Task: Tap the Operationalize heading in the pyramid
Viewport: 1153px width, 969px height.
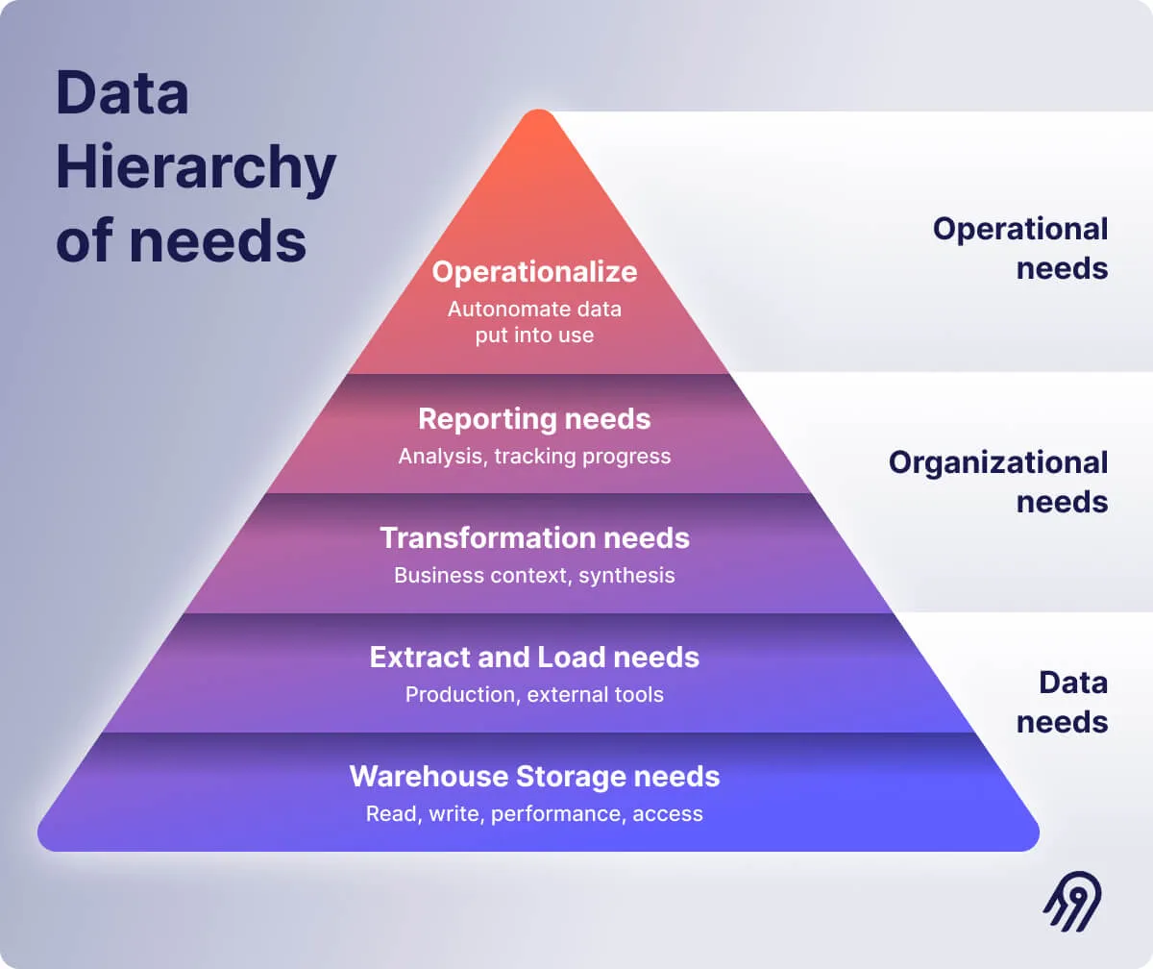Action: [x=534, y=272]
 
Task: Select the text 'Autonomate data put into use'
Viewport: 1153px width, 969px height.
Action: [x=534, y=322]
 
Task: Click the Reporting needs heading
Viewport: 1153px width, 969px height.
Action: [x=534, y=419]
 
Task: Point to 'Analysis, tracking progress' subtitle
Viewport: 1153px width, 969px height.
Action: [x=534, y=456]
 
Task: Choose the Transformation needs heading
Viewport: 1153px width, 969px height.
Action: [x=534, y=537]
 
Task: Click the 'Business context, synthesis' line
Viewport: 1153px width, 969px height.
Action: [x=534, y=575]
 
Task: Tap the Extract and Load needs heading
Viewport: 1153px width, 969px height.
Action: [x=534, y=658]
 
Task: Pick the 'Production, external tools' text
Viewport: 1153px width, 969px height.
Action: [x=534, y=694]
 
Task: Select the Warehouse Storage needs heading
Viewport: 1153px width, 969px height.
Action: [x=534, y=776]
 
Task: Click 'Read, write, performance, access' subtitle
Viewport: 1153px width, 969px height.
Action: [x=534, y=813]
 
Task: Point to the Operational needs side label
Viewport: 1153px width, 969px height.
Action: [x=1020, y=248]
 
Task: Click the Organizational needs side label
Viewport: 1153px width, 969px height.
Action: [x=998, y=482]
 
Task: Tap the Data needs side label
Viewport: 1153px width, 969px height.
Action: [x=1063, y=702]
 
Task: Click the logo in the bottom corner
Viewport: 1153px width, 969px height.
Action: [x=1072, y=901]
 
